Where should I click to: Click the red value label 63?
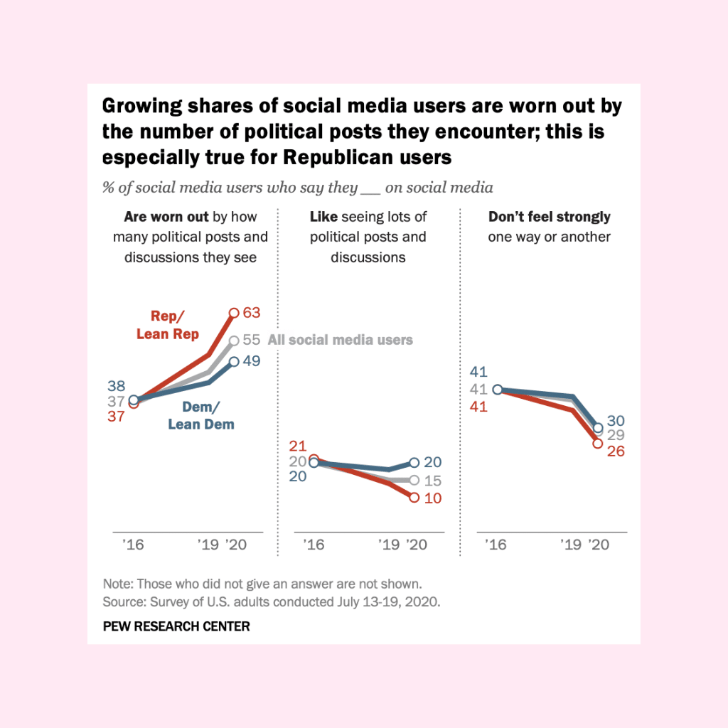pyautogui.click(x=252, y=313)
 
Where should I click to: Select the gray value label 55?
pyautogui.click(x=252, y=340)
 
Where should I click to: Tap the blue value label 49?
pyautogui.click(x=252, y=361)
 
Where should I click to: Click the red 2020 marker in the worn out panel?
pyautogui.click(x=234, y=312)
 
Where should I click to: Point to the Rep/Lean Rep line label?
pyautogui.click(x=168, y=325)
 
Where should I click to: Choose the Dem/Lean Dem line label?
pyautogui.click(x=201, y=416)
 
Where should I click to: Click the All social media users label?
pyautogui.click(x=340, y=340)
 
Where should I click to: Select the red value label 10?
pyautogui.click(x=432, y=498)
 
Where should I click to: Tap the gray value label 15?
pyautogui.click(x=432, y=481)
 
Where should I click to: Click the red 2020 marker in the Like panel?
pyautogui.click(x=414, y=498)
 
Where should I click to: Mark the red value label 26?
pyautogui.click(x=615, y=451)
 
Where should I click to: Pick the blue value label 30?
pyautogui.click(x=616, y=420)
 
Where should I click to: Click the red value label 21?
pyautogui.click(x=297, y=446)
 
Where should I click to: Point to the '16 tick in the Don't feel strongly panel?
pyautogui.click(x=495, y=545)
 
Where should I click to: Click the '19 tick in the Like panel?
pyautogui.click(x=390, y=545)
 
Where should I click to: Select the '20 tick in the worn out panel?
pyautogui.click(x=236, y=545)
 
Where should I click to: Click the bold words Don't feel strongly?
pyautogui.click(x=550, y=217)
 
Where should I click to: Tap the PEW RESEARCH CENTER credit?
pyautogui.click(x=176, y=626)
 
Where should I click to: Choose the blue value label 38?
pyautogui.click(x=117, y=386)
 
